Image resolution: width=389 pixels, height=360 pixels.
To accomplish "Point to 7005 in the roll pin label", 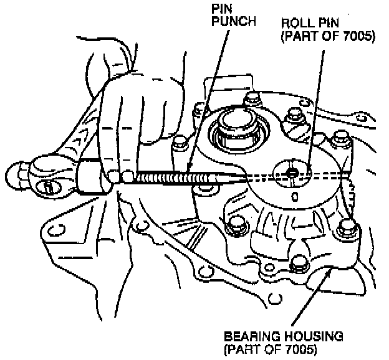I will point(358,37).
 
